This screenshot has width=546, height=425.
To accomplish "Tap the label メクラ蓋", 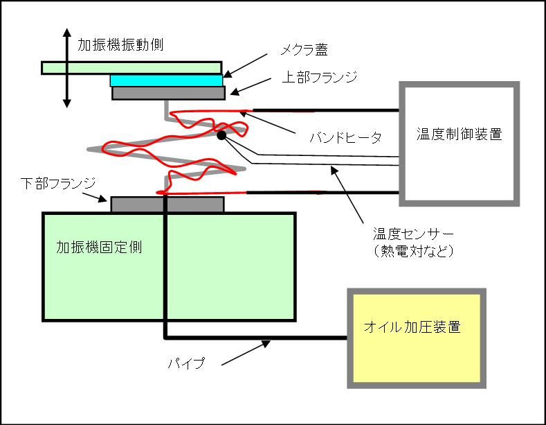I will coord(304,50).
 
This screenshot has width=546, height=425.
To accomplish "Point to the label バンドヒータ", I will coord(345,137).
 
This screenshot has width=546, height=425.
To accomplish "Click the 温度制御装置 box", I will coord(459,144).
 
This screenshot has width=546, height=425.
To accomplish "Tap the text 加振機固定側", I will coord(99,247).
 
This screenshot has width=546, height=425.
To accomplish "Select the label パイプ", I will coord(188,363).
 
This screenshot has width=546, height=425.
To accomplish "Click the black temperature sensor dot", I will coord(221,136).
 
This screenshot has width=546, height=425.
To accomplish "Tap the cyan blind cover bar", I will coord(166,80).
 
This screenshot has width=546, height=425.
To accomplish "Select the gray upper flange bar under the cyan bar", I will coord(168,93).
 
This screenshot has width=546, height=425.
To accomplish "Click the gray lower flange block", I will coord(167,204).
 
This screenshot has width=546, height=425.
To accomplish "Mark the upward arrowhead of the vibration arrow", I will coord(67,33).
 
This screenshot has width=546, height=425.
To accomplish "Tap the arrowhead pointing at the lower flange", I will coord(106,200).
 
